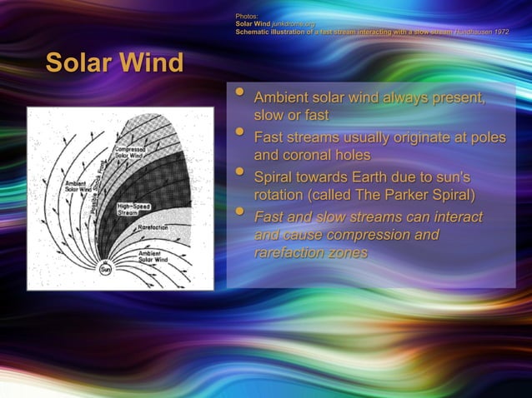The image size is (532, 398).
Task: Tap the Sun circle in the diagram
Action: coord(106,269)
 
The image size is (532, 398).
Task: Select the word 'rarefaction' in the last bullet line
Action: coord(290,253)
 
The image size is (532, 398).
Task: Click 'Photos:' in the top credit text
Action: coord(247,16)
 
